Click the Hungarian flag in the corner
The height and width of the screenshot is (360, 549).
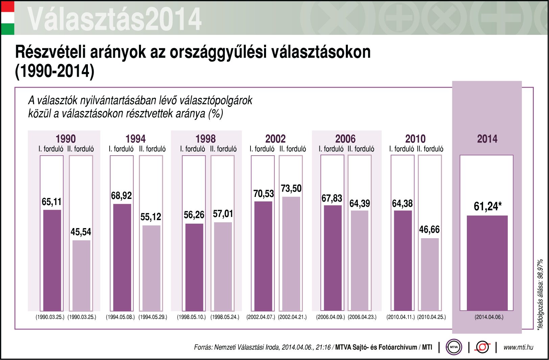[7, 18]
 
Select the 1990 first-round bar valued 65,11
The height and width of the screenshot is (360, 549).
[52, 260]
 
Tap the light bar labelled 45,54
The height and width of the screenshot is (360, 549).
[81, 275]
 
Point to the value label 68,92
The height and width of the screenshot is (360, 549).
[121, 196]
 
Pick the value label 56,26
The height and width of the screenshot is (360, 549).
[194, 215]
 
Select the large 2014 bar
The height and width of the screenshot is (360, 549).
[487, 263]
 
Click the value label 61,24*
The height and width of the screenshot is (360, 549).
[487, 206]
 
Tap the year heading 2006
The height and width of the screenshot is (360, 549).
[345, 139]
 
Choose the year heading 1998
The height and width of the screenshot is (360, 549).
[205, 139]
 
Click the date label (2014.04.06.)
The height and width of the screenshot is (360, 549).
[489, 317]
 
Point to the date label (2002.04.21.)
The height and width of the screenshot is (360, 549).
[292, 317]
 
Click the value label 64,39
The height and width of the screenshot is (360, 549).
[359, 203]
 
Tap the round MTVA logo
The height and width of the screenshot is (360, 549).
[454, 347]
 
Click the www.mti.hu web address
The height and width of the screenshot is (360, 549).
[518, 347]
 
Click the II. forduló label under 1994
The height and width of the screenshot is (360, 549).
[152, 149]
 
